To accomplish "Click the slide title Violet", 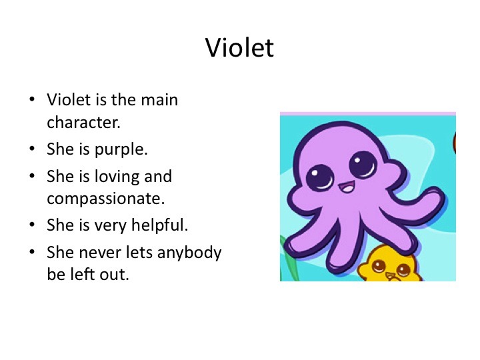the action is pos(239,47).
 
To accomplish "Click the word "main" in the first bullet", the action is pos(159,100).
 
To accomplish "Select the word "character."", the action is pos(83,123).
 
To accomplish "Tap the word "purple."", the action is pos(121,150).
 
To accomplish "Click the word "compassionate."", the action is pos(106,199).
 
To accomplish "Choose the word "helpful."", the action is pos(159,225).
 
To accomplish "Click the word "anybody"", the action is pos(189,253).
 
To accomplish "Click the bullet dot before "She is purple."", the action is pos(32,149).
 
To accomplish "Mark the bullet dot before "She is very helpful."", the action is pos(32,225).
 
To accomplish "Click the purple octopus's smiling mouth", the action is pos(347,187).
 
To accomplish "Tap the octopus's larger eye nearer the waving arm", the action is pos(363,165).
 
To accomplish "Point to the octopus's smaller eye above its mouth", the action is pos(319,177).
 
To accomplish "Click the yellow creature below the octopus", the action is pos(389,264).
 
